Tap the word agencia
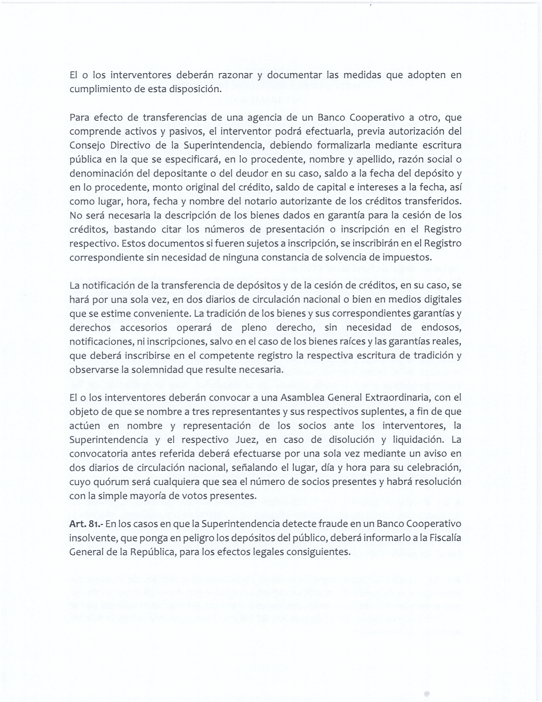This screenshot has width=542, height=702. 263,118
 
